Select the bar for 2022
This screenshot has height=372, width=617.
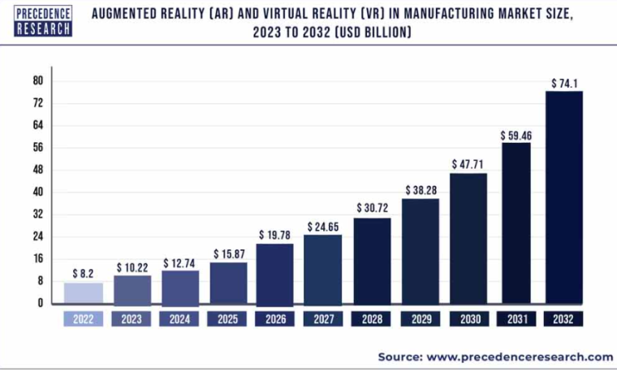click(84, 292)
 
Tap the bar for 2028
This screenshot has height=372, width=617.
click(372, 260)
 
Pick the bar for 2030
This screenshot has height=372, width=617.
click(468, 238)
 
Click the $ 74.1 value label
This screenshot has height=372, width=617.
click(563, 83)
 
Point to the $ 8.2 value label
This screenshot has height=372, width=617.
click(84, 274)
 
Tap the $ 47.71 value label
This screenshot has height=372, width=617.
click(468, 163)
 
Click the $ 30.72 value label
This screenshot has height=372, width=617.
click(372, 209)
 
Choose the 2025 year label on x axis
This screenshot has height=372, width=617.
click(228, 319)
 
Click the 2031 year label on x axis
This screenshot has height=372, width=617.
click(516, 319)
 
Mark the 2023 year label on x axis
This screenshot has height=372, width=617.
click(132, 319)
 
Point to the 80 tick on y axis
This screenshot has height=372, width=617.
click(37, 80)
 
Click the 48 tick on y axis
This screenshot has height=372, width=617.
click(37, 170)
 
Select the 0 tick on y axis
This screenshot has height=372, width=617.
click(40, 303)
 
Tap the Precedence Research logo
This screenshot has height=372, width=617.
click(43, 20)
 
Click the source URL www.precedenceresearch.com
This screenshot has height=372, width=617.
click(520, 357)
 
